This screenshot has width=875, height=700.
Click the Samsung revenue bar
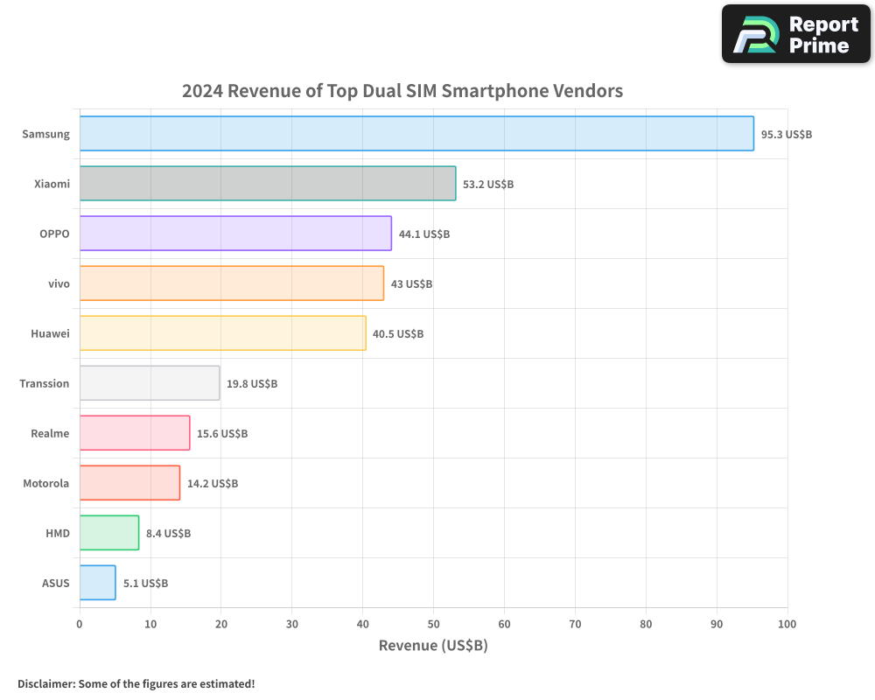[x=416, y=134]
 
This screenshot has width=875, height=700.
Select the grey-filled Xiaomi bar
[x=268, y=184]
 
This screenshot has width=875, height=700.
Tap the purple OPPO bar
[x=235, y=234]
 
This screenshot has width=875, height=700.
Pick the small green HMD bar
[x=109, y=533]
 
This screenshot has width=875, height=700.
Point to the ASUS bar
[x=97, y=583]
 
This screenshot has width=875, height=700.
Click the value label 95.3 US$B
[x=787, y=135]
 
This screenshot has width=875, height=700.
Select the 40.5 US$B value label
[x=398, y=334]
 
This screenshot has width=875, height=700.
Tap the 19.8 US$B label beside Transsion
[x=252, y=384]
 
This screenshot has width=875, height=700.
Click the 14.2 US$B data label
[x=213, y=484]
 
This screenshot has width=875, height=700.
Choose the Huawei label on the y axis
[x=50, y=333]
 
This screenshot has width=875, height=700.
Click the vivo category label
[x=59, y=283]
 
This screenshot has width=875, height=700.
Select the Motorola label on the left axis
[x=46, y=483]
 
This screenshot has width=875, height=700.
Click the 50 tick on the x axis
[x=433, y=625]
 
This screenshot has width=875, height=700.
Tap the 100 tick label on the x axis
[x=787, y=625]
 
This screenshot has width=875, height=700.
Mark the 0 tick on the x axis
[x=80, y=625]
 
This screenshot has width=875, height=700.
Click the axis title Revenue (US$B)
[x=433, y=646]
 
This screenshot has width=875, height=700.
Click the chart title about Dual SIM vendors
[x=402, y=91]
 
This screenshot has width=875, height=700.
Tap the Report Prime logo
[x=796, y=34]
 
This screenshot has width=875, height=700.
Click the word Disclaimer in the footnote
[x=45, y=683]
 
